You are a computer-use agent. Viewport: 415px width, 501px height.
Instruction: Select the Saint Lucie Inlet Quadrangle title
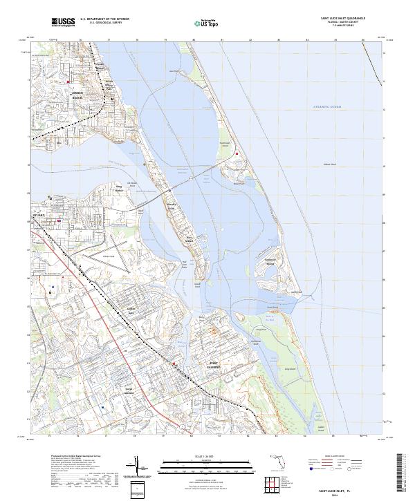pyautogui.click(x=342, y=19)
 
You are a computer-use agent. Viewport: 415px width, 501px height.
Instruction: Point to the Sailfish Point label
pyautogui.click(x=296, y=292)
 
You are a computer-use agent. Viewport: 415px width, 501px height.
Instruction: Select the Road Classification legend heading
pyautogui.click(x=338, y=457)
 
